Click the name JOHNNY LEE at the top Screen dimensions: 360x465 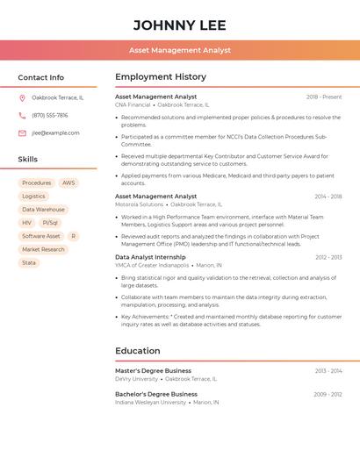180,25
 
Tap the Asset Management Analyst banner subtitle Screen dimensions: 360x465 180,50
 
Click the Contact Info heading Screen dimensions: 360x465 40,77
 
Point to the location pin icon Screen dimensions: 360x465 22,97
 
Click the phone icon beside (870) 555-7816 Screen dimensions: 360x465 22,115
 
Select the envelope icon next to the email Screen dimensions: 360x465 22,133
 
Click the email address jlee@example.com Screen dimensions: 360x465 55,133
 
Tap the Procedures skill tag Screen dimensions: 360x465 37,183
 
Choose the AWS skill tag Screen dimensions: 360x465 68,183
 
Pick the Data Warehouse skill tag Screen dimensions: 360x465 43,210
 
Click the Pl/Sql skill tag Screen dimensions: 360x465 50,223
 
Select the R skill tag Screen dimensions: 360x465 73,236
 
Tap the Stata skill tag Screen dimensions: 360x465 29,262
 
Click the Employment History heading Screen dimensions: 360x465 161,77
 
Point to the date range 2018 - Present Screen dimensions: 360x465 324,97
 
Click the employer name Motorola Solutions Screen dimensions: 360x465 140,204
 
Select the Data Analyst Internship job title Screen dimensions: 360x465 150,257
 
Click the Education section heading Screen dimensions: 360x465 138,351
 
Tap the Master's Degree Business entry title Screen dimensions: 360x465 153,371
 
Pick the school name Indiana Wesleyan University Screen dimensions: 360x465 150,402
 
